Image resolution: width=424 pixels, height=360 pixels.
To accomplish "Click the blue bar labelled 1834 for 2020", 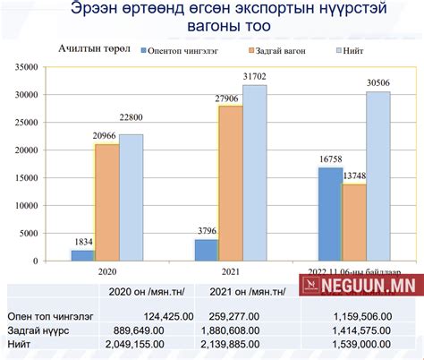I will (83, 256).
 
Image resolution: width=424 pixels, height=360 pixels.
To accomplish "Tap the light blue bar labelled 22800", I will (131, 198).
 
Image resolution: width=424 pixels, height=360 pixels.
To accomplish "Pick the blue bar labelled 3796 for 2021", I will (207, 250).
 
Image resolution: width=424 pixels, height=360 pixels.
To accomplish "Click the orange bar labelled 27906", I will (231, 184).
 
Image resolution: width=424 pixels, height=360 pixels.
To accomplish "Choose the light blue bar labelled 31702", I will (254, 173).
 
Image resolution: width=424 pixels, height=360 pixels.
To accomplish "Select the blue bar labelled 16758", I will (330, 215).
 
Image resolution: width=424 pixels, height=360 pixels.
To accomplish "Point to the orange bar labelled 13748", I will (354, 223).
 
